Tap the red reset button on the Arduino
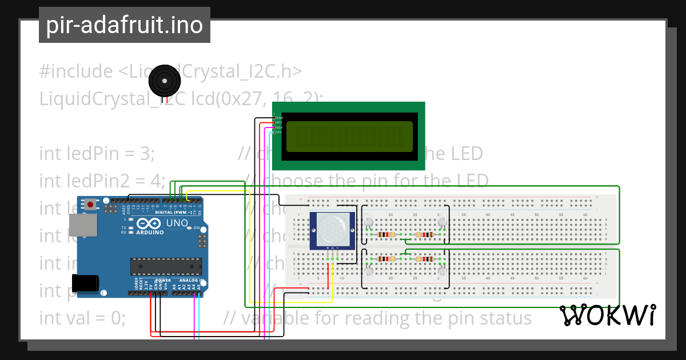click(x=90, y=203)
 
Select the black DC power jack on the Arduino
click(x=86, y=284)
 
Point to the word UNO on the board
click(x=176, y=223)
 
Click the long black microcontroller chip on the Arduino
click(x=166, y=266)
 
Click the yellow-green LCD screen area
click(x=349, y=137)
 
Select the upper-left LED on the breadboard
click(x=369, y=220)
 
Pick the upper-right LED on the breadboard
click(x=441, y=220)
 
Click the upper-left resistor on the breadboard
click(x=389, y=234)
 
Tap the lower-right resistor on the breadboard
click(x=425, y=259)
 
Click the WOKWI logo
click(x=607, y=315)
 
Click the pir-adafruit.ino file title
click(x=125, y=25)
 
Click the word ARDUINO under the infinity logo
click(x=150, y=233)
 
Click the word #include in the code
click(x=76, y=71)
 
